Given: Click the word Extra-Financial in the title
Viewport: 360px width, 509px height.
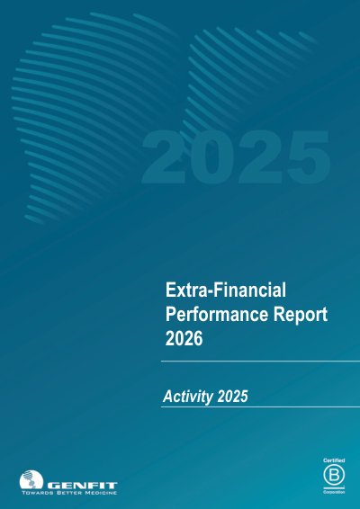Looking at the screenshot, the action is click(x=226, y=290).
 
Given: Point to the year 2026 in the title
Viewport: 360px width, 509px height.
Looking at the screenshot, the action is click(x=184, y=338).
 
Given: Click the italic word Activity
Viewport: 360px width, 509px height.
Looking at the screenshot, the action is click(x=188, y=397).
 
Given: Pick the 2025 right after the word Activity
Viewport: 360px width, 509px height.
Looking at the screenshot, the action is click(x=232, y=397).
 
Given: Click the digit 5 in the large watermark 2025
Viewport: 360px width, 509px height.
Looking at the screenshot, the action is click(x=308, y=158).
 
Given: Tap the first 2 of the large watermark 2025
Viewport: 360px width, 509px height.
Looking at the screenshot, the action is click(x=165, y=157).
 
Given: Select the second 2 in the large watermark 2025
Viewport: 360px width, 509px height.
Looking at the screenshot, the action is click(x=260, y=157).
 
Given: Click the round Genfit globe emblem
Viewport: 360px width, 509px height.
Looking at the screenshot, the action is click(x=31, y=480).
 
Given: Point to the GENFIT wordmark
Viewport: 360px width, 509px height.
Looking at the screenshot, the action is click(x=82, y=486).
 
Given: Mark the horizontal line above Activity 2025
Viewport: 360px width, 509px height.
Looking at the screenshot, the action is click(x=260, y=361).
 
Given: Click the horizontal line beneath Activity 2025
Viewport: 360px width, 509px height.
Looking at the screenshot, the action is click(x=260, y=406).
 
